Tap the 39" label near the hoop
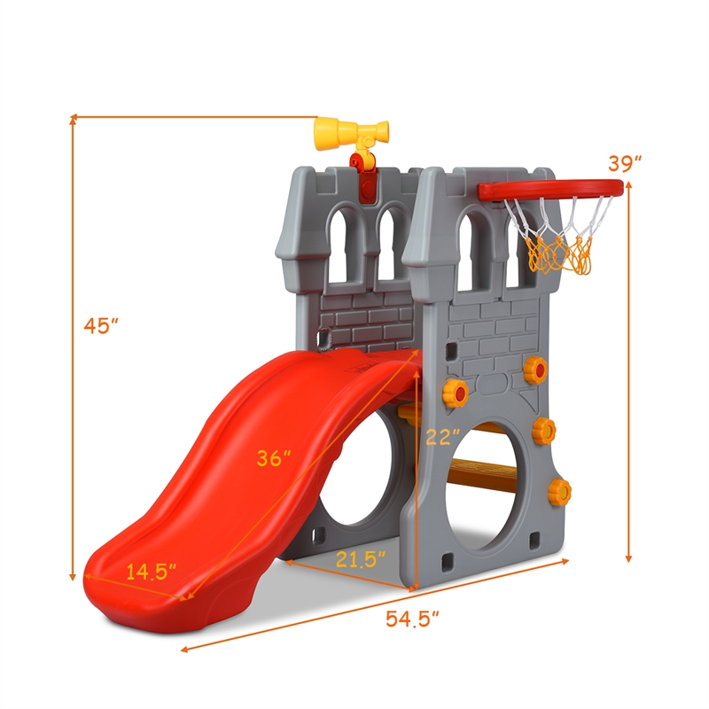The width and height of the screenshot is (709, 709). click(625, 163)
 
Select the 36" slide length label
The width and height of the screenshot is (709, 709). click(274, 458)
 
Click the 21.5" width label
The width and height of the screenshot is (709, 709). click(362, 558)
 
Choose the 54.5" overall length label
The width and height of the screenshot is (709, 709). click(413, 619)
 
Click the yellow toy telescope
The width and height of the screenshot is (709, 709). click(348, 134)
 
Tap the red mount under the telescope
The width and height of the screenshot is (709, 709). click(362, 163)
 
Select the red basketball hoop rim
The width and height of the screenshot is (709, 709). click(549, 189)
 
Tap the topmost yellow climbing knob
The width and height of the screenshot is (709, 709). click(535, 370)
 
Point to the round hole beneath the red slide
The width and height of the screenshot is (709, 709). click(354, 496)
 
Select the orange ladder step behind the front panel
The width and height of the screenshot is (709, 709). click(486, 471)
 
